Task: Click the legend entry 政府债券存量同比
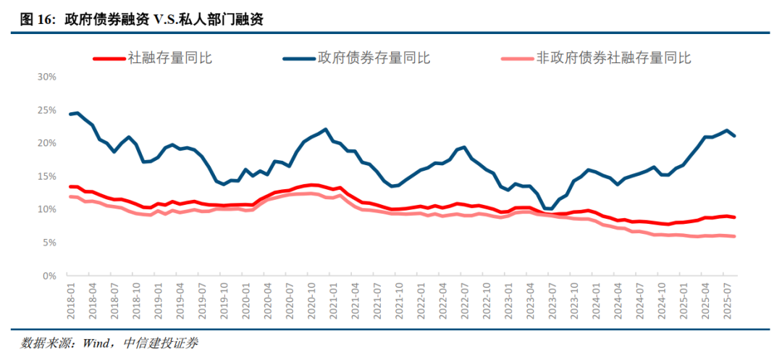coord(374,58)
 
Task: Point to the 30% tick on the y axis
coord(46,77)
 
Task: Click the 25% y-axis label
coord(46,110)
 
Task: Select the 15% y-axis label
coord(46,176)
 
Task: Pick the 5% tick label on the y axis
coord(49,243)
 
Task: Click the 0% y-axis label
coord(49,276)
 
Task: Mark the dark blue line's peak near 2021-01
coord(326,130)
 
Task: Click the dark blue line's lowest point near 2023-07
coord(551,209)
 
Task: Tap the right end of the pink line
coord(736,236)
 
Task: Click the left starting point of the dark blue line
coord(71,114)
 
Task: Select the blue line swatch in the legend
coord(298,58)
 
